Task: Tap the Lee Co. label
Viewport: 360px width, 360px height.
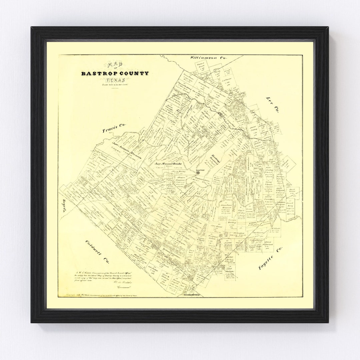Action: [272, 105]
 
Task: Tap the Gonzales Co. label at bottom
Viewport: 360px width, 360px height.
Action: [194, 295]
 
